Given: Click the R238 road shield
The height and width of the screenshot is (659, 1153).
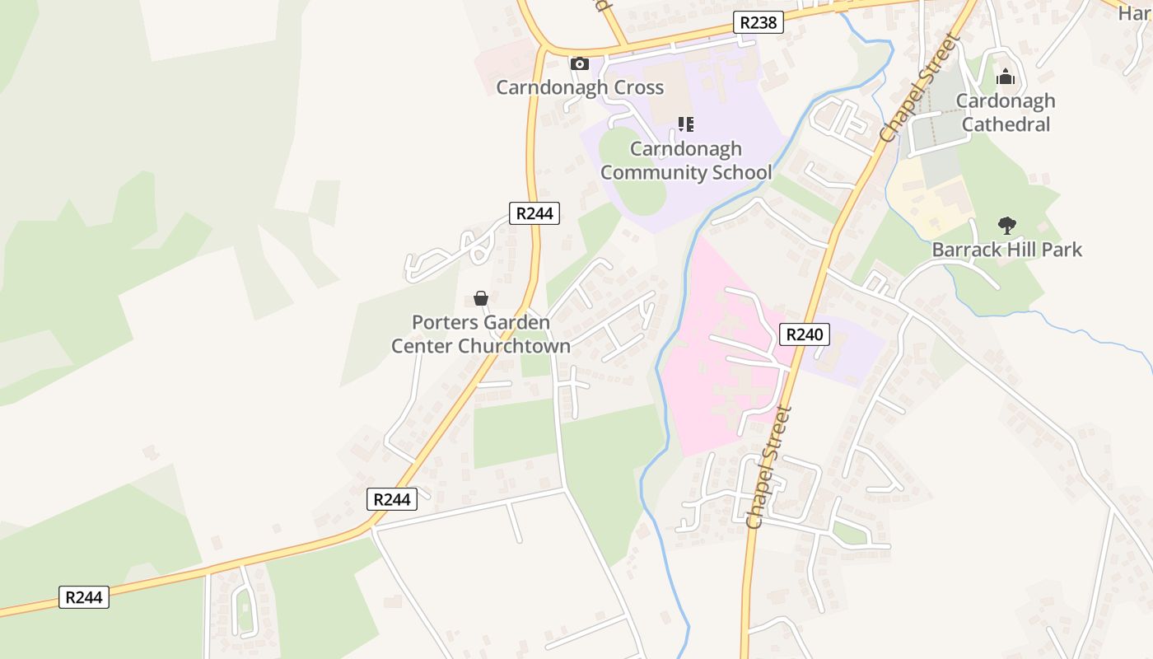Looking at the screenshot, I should coord(759,22).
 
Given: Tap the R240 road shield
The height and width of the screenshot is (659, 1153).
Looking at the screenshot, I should coord(804,334).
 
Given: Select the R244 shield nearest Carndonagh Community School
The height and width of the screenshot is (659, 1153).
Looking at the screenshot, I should coord(534,213).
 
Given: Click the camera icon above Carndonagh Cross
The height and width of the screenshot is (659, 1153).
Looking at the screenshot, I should coord(580,63).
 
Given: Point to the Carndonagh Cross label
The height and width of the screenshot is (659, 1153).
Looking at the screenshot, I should coord(580,87).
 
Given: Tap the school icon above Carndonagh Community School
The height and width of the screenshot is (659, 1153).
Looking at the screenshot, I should coord(685,124).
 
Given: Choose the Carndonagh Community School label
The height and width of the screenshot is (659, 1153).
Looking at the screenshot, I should coord(686,161).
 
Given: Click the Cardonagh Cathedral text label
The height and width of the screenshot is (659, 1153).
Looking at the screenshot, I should coord(1006,113).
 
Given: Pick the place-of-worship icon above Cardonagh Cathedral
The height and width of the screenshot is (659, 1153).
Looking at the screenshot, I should coord(1006,78).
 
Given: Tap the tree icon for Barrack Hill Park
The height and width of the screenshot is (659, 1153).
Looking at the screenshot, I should coord(1006,225).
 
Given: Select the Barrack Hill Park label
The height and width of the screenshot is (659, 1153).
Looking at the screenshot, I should coord(1006,250).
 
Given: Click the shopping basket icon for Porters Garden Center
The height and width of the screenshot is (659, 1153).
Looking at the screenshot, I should coord(481,298).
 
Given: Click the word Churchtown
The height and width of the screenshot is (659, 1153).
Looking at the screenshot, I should coord(514,346).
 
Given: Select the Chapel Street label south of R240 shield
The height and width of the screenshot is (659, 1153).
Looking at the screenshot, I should coord(768,466).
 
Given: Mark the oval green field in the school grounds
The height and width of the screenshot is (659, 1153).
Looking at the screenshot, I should coord(632,171).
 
